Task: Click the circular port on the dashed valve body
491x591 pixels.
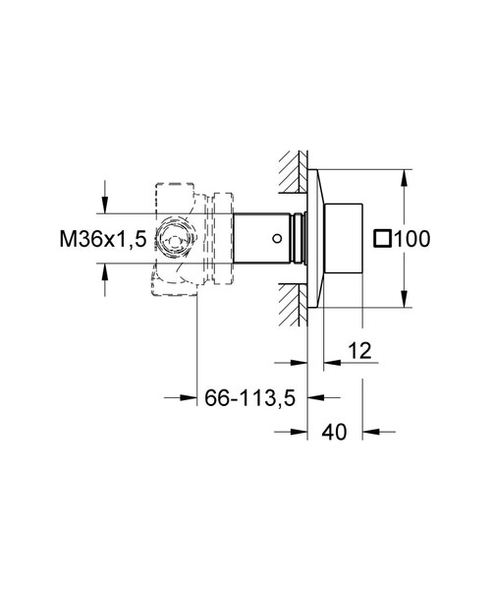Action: [x=178, y=239]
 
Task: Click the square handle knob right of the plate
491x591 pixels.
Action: [x=346, y=238]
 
